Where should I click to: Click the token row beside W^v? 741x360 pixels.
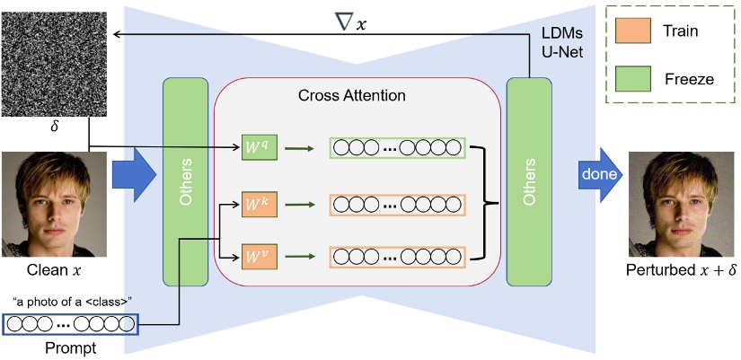tap(397, 259)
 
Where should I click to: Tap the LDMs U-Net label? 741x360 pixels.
tap(563, 44)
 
